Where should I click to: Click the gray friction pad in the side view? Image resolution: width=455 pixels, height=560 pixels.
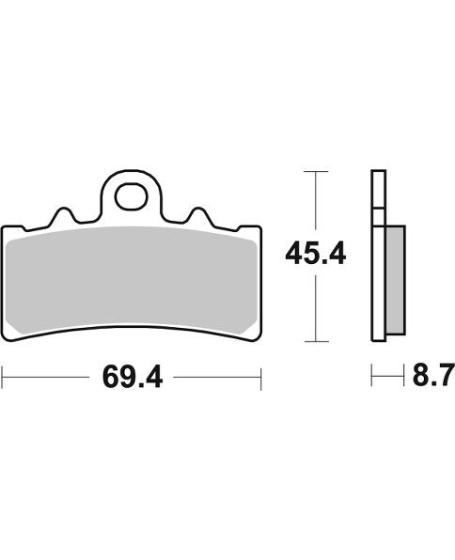395,281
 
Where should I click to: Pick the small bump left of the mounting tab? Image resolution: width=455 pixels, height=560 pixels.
63,216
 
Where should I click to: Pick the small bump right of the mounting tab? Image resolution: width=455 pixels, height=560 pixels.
199,216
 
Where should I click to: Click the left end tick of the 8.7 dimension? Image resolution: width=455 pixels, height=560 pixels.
373,378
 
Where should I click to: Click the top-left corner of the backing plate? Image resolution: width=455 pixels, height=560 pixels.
6,229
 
